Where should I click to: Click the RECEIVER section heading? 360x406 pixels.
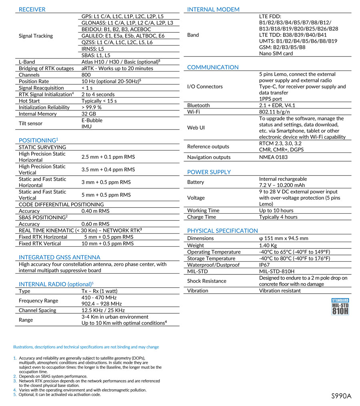click(x=32, y=9)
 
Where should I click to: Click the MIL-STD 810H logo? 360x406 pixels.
click(x=340, y=306)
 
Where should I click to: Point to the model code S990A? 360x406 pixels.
click(x=341, y=396)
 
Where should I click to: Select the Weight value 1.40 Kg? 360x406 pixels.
click(x=268, y=245)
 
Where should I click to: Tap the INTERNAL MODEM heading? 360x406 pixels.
click(x=213, y=9)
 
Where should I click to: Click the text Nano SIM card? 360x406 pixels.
click(x=276, y=54)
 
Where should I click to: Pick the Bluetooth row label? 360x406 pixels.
click(x=198, y=105)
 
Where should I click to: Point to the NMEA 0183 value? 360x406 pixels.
click(x=273, y=157)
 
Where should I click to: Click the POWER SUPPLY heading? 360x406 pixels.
click(x=209, y=172)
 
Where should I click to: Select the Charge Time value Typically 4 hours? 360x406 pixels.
click(x=278, y=217)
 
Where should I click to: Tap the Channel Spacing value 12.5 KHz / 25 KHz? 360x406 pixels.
click(x=103, y=310)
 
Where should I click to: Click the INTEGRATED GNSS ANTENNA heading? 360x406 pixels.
click(x=60, y=257)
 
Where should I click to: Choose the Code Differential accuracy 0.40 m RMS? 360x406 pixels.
click(x=95, y=211)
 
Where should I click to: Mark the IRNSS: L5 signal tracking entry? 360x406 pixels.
click(x=92, y=49)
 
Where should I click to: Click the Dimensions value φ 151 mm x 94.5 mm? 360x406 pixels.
click(x=284, y=238)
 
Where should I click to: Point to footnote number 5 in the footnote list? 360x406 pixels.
click(x=15, y=394)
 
